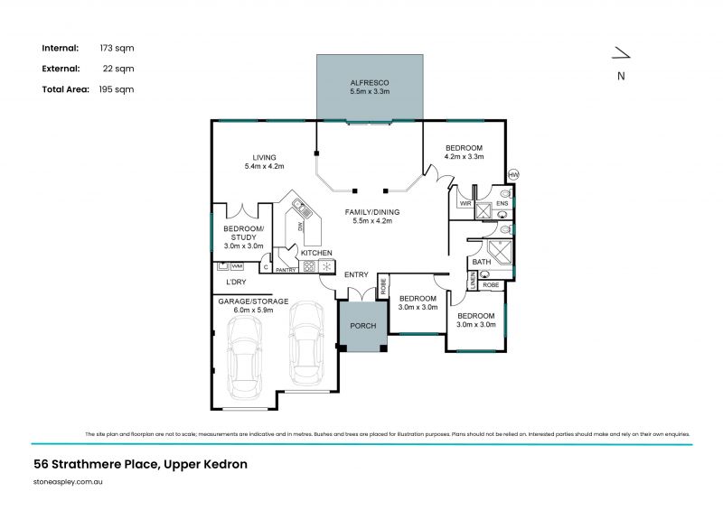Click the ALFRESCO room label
[369, 82]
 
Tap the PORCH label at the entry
[362, 326]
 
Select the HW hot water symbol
[514, 174]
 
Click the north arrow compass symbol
[621, 56]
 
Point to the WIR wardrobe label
[465, 204]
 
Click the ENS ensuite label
[502, 204]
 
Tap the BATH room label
[481, 263]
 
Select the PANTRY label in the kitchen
[286, 270]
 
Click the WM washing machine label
[237, 266]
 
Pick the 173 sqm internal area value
[121, 47]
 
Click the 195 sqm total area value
[121, 89]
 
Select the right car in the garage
[306, 343]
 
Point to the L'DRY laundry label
[237, 283]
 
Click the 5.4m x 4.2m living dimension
[264, 166]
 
